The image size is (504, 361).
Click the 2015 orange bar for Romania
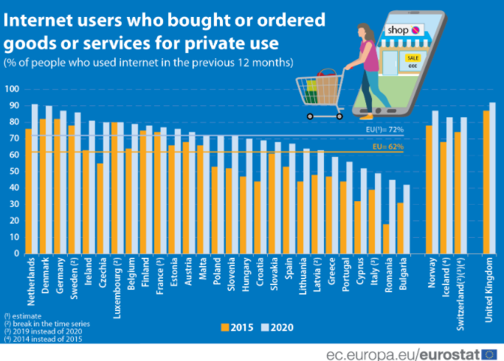pos(386,239)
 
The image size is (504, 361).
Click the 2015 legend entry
pos(237,326)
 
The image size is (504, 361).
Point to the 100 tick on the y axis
pos(11,89)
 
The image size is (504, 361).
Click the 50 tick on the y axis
pos(13,172)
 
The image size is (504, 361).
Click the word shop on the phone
pos(397,30)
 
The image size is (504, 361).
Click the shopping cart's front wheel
pos(311,116)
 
